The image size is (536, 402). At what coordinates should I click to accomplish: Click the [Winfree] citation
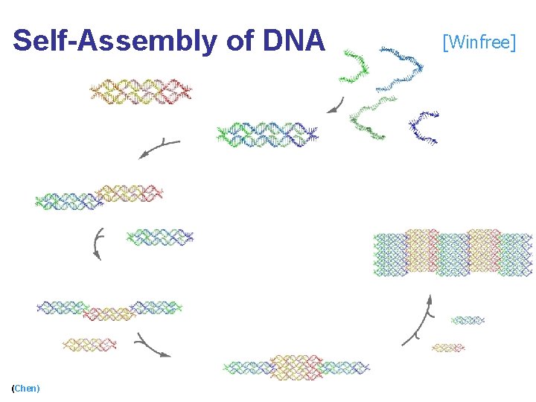coord(479,42)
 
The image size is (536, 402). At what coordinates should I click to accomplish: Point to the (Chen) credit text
coord(26,388)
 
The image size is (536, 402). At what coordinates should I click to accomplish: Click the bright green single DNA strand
coord(354,67)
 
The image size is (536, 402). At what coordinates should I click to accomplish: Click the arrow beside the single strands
coord(336,106)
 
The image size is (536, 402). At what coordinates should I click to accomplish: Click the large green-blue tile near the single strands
coord(267,134)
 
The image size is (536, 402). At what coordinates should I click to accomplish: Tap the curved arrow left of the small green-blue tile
coord(97,244)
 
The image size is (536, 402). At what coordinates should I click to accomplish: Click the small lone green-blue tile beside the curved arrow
coord(160,237)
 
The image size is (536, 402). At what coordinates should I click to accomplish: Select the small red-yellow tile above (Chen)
coord(90,345)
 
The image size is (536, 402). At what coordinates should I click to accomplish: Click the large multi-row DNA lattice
coord(453,253)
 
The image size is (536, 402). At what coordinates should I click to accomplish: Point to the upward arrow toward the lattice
coord(420,320)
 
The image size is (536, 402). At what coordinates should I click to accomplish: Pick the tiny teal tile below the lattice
coord(468,320)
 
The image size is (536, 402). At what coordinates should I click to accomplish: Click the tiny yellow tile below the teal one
coord(447,347)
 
